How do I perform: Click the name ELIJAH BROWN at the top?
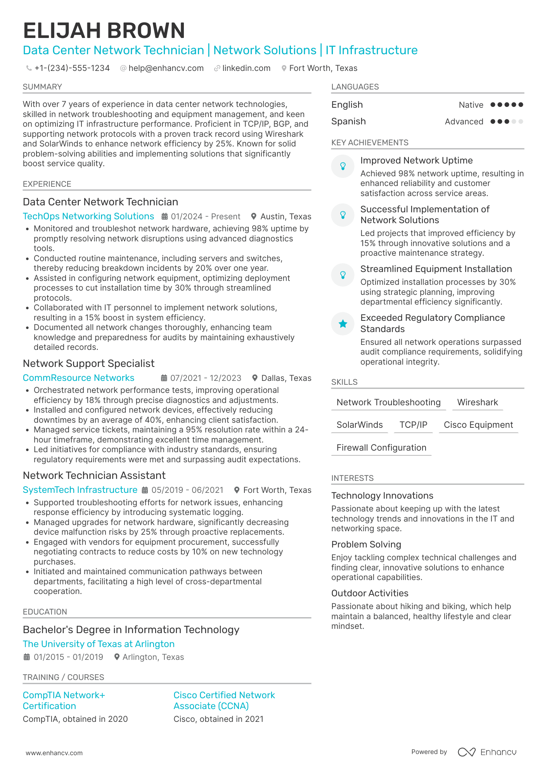pyautogui.click(x=104, y=31)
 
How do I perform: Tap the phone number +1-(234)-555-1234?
pyautogui.click(x=72, y=68)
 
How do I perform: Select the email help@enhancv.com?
pyautogui.click(x=166, y=68)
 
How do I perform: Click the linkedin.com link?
pyautogui.click(x=246, y=68)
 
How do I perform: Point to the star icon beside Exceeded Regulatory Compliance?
pyautogui.click(x=343, y=324)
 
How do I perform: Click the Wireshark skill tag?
pyautogui.click(x=477, y=402)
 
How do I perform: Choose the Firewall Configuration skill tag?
pyautogui.click(x=381, y=448)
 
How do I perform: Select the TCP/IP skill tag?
pyautogui.click(x=413, y=425)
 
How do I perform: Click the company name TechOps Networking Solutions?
pyautogui.click(x=88, y=216)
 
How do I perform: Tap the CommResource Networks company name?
pyautogui.click(x=78, y=378)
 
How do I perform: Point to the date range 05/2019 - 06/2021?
pyautogui.click(x=187, y=490)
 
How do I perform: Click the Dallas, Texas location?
pyautogui.click(x=286, y=378)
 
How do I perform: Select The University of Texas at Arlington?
pyautogui.click(x=99, y=644)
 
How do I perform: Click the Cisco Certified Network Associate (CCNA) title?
pyautogui.click(x=224, y=701)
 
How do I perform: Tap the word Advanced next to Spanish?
pyautogui.click(x=464, y=122)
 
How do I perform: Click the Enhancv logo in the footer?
pyautogui.click(x=487, y=752)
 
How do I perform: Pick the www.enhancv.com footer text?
pyautogui.click(x=54, y=753)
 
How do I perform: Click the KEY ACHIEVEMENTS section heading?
pyautogui.click(x=369, y=143)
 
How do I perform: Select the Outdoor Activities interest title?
pyautogui.click(x=369, y=593)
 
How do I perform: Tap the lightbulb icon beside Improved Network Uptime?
pyautogui.click(x=343, y=166)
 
